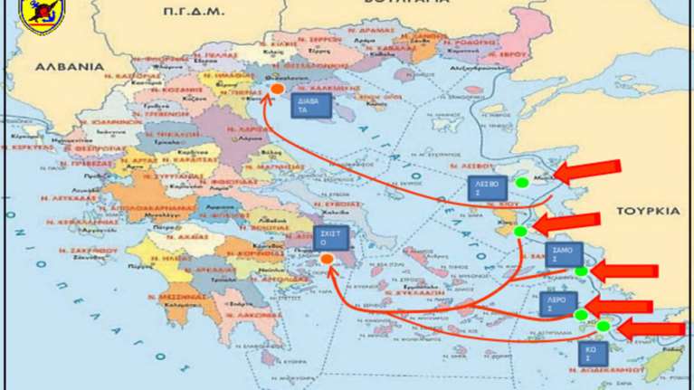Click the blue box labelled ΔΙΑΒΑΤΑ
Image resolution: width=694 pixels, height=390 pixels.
pos(310,106)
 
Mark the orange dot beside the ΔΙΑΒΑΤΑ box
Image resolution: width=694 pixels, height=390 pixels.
pos(276,90)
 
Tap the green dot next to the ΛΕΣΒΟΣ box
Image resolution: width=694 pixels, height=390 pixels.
pos(522,183)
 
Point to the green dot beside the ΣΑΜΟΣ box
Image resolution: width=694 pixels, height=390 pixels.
pos(581,271)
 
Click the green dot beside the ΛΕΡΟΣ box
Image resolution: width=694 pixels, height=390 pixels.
pos(580,314)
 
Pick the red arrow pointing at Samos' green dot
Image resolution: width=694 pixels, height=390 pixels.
pos(624,270)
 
